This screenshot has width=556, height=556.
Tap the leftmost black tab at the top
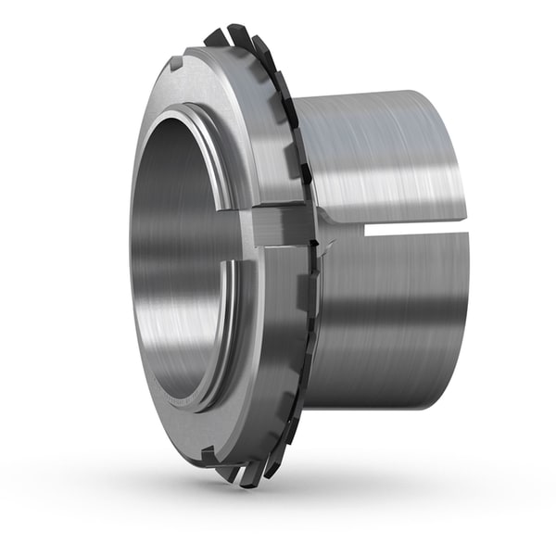coord(214,38)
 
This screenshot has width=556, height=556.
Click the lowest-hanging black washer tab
coord(248,478)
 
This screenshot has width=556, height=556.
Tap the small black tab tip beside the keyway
coord(317,243)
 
